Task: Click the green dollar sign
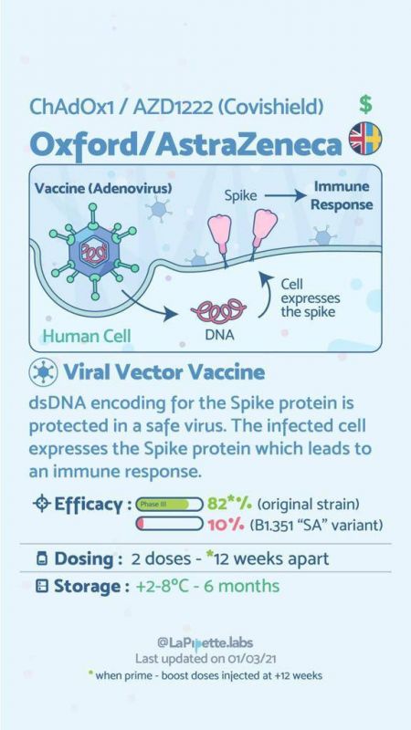(366, 104)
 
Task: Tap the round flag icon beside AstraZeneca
(365, 139)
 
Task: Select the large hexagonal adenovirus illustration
(94, 252)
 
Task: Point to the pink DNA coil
(218, 310)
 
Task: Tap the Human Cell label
(87, 336)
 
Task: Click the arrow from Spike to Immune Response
(284, 196)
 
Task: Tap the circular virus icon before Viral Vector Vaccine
(43, 372)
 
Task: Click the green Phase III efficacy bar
(163, 505)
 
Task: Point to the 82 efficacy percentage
(217, 505)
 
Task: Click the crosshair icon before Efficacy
(41, 505)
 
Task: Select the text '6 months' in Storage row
(242, 586)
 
